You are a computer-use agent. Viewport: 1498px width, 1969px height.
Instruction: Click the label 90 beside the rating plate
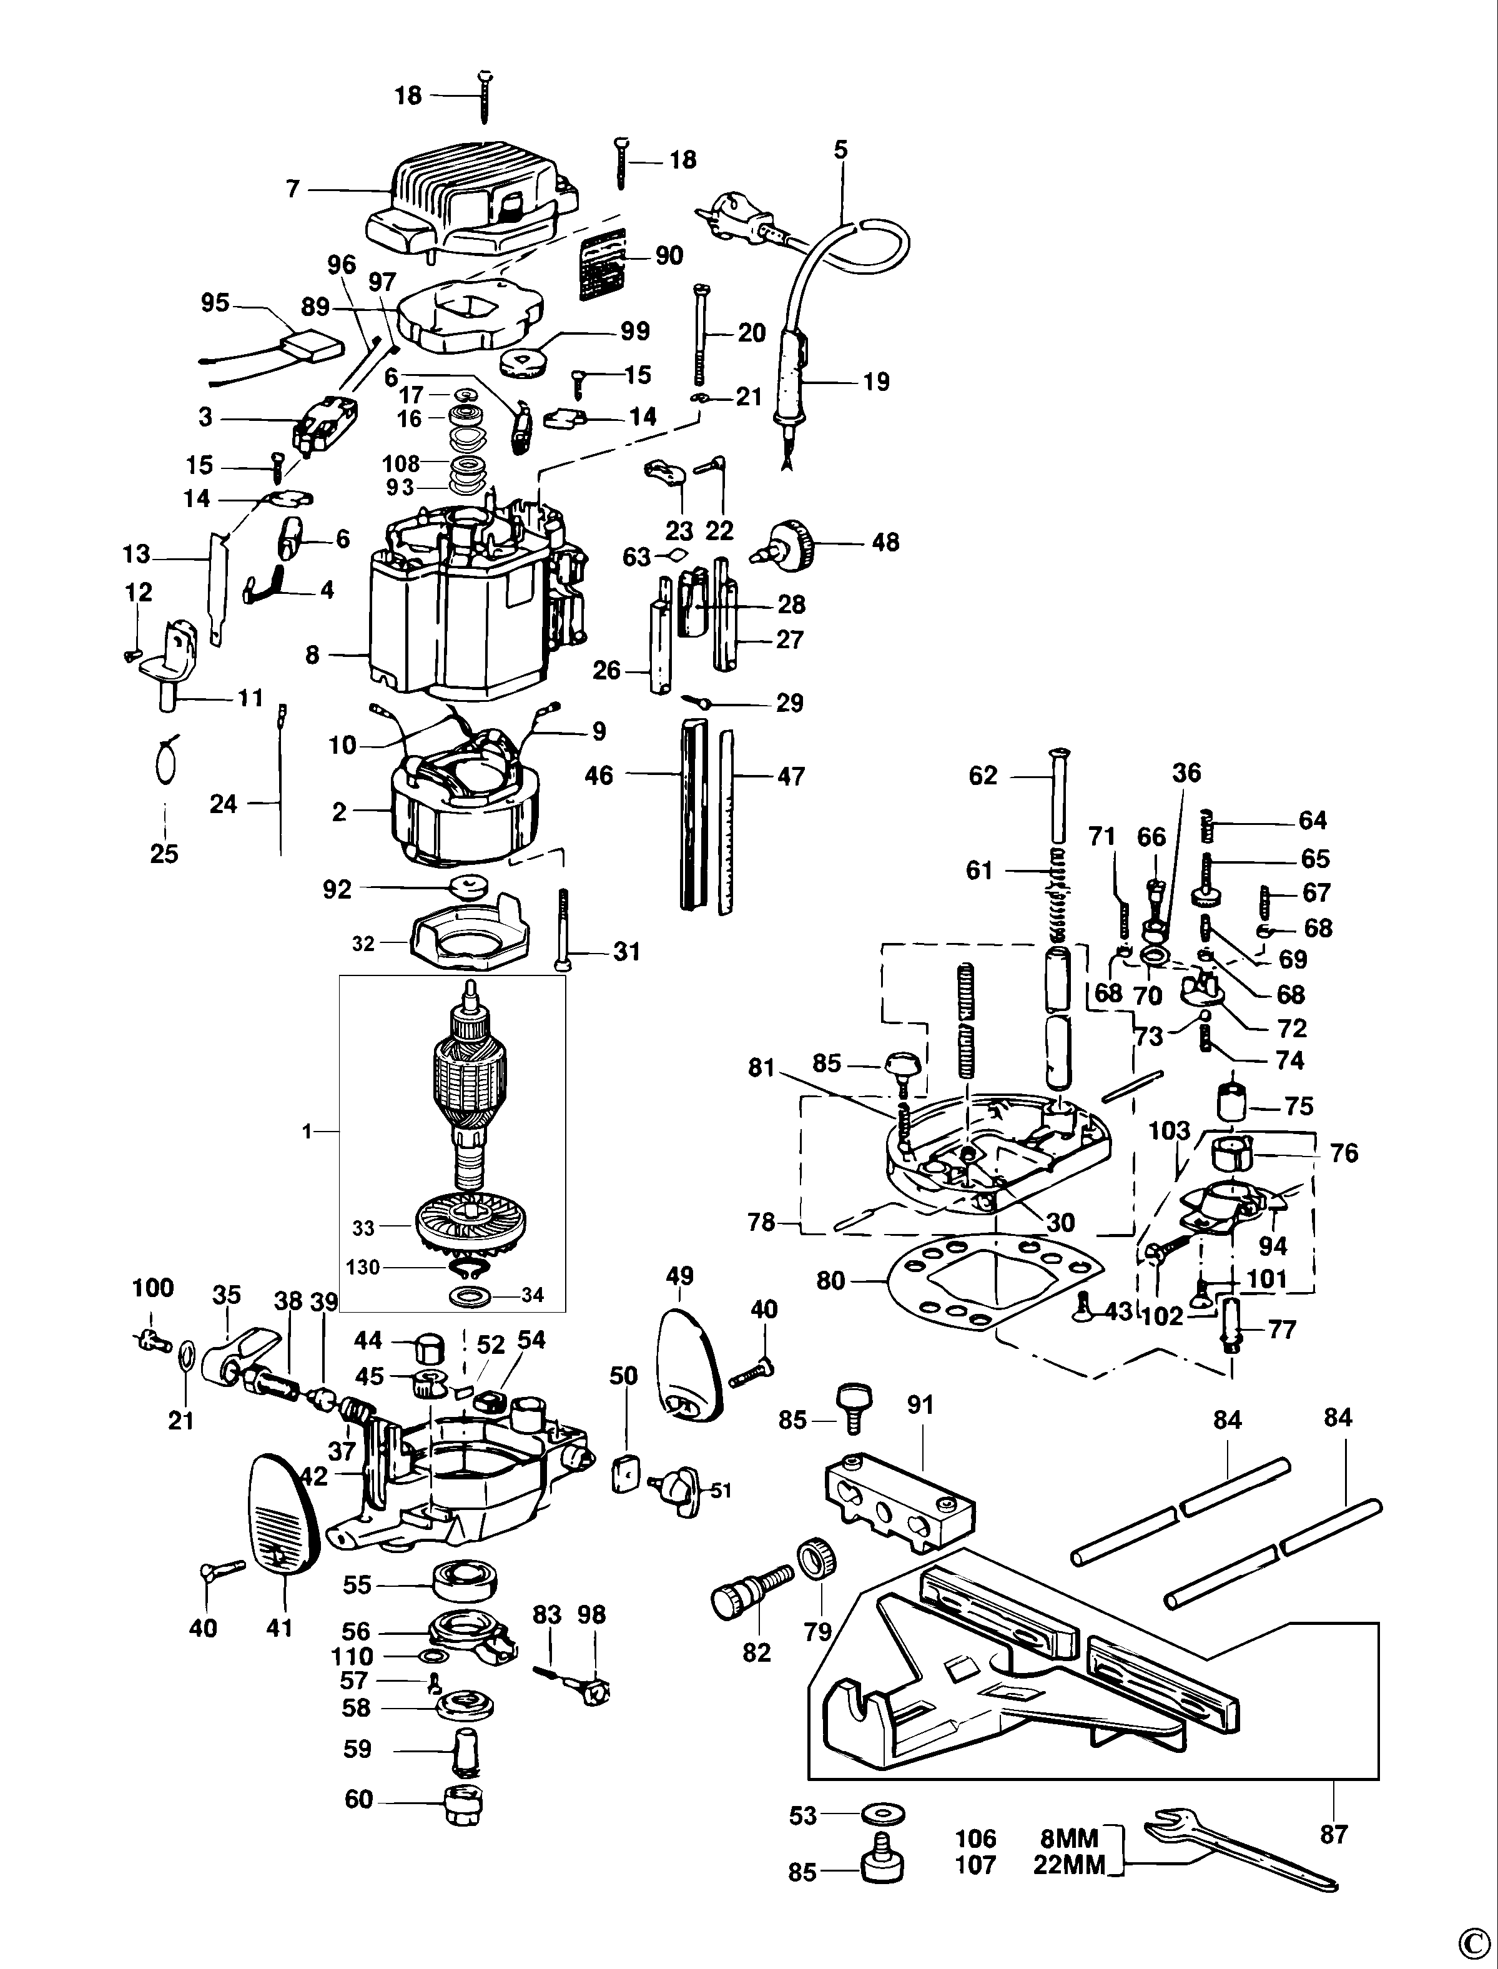coord(669,256)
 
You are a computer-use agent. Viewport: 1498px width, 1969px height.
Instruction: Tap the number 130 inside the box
coord(363,1266)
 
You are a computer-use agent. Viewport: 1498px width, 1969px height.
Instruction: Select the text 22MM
coord(1069,1865)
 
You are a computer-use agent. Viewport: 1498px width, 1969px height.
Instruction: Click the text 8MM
coord(1069,1839)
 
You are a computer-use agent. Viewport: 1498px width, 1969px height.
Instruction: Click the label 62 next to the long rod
coord(983,776)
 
